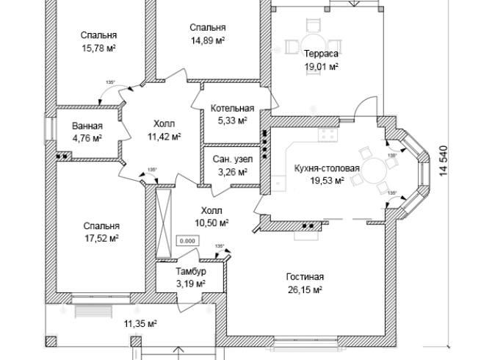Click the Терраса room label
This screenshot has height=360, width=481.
320,54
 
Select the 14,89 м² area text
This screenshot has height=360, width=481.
207,40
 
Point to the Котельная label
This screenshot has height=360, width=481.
232,108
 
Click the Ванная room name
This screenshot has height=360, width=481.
87,126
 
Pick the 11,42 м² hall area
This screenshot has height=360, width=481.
164,136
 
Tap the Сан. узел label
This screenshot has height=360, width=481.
231,159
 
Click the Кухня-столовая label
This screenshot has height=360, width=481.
326,168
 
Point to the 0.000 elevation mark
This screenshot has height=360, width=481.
188,240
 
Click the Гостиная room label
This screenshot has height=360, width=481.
305,277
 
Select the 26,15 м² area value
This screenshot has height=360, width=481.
305,289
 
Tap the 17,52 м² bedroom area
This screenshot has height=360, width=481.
101,238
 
